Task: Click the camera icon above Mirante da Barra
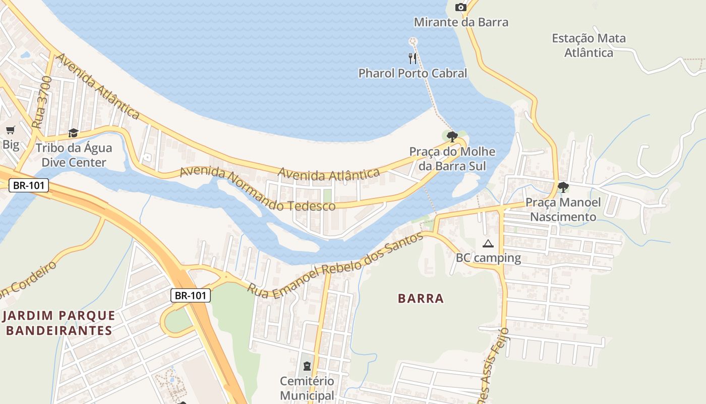tap(460, 7)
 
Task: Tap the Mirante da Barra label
tap(461, 22)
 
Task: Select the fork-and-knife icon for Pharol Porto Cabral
tap(413, 58)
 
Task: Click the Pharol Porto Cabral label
tap(413, 73)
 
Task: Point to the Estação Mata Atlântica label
tap(589, 45)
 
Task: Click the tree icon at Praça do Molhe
tap(452, 136)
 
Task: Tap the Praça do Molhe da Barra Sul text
tap(452, 159)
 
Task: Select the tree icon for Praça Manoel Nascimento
tap(563, 187)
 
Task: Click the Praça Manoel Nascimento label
tap(563, 210)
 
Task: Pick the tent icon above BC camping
tap(488, 244)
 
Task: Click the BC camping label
tap(488, 258)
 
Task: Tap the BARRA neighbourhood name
tap(421, 298)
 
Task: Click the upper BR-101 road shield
tap(29, 185)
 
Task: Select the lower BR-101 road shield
tap(190, 295)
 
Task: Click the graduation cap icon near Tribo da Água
tap(74, 133)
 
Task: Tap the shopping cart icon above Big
tap(11, 130)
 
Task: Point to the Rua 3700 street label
tap(41, 103)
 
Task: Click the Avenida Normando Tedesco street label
tap(257, 190)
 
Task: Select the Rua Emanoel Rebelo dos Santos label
tap(335, 266)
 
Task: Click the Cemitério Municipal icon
tap(307, 366)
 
